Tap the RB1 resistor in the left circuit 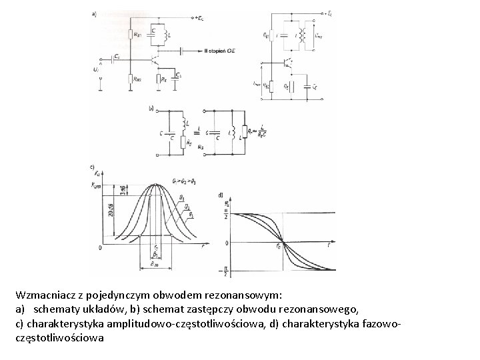[132, 35]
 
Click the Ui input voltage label [97, 68]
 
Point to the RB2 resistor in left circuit [132, 79]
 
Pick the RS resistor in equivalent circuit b [191, 141]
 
